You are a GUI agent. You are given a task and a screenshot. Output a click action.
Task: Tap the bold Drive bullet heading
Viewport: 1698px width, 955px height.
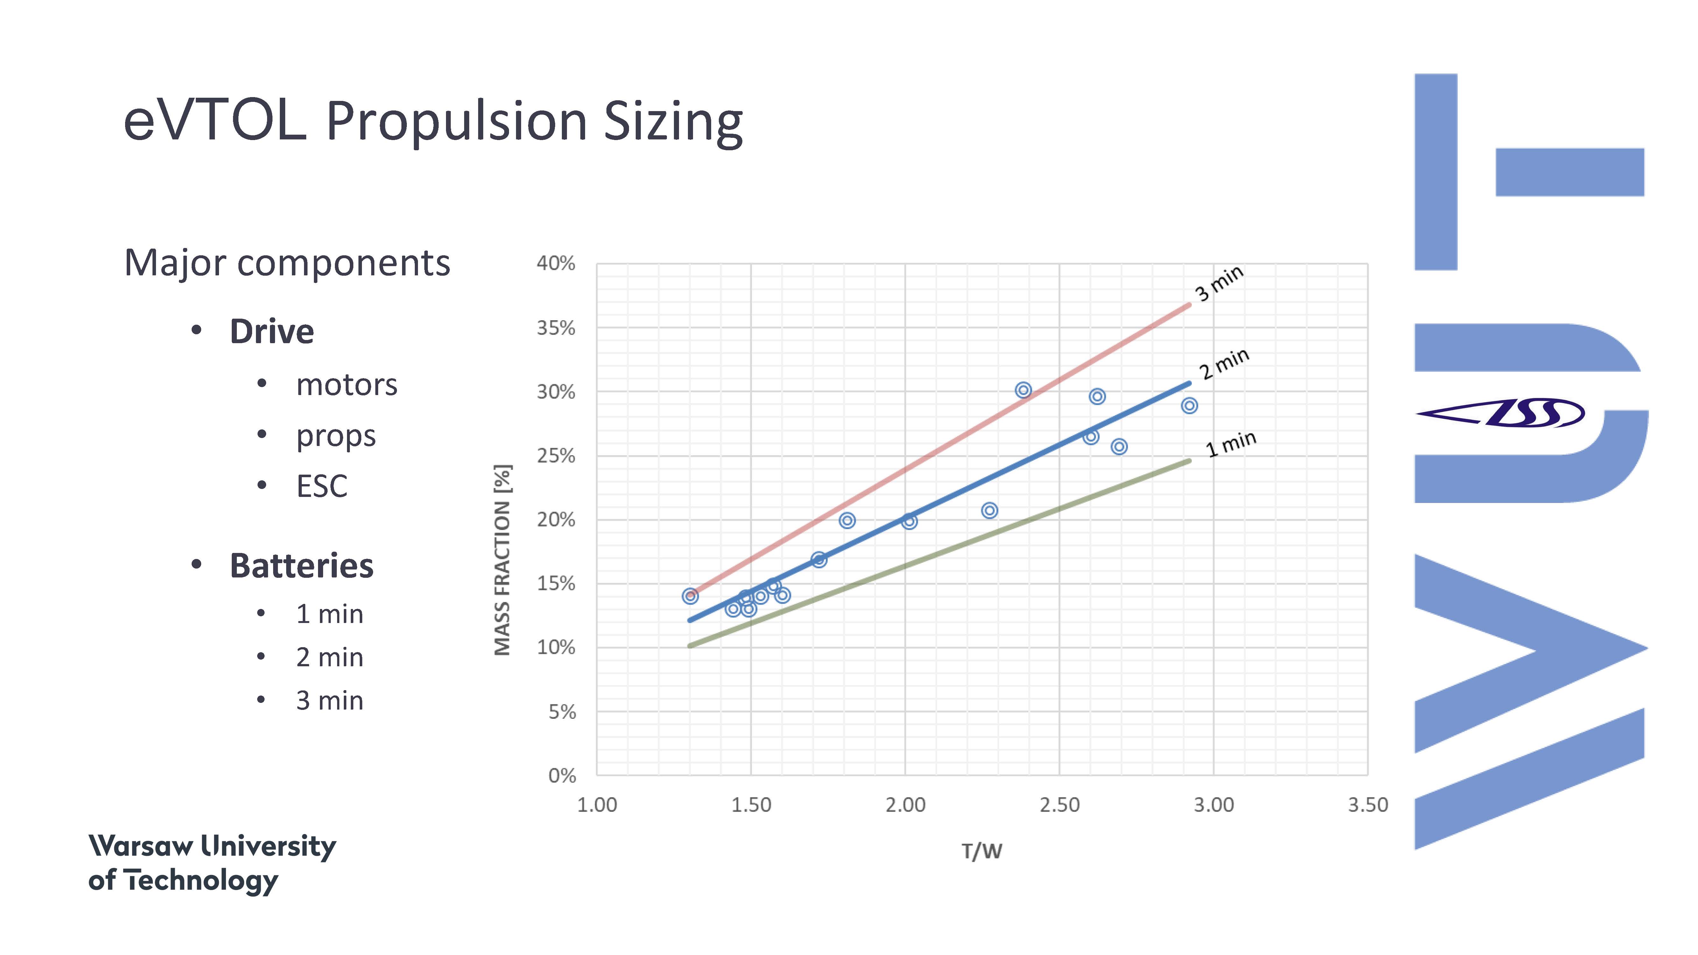pos(272,331)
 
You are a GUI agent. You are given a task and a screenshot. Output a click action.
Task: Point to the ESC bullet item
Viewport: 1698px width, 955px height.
pos(322,486)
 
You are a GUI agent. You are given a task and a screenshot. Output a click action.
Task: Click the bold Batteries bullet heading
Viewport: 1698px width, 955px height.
pos(301,565)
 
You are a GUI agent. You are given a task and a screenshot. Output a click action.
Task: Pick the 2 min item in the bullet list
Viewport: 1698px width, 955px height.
pos(329,657)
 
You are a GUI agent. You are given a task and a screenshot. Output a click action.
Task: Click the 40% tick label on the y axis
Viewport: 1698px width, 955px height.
pos(556,264)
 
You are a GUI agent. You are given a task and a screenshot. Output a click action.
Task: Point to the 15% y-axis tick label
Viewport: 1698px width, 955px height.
pos(556,583)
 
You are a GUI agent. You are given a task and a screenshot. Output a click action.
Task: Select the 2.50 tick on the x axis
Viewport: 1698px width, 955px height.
pos(1059,805)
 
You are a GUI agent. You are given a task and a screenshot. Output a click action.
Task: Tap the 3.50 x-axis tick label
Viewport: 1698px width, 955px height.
pos(1368,805)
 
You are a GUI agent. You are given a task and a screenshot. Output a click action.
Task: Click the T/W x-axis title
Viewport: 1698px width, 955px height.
pos(981,851)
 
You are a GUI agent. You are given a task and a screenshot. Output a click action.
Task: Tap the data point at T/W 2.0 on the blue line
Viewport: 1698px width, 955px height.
pos(909,521)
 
